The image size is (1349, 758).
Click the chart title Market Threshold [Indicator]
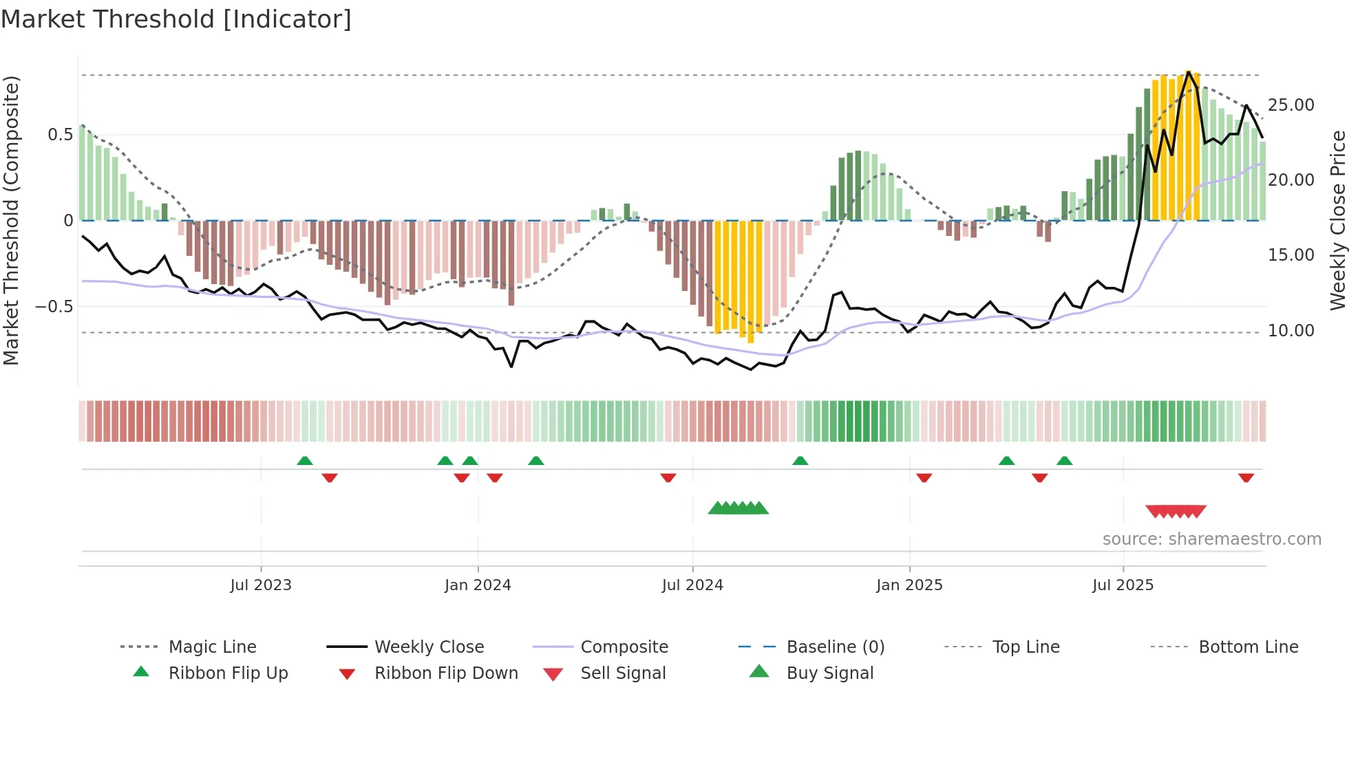176,19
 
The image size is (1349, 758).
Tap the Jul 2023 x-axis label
261,585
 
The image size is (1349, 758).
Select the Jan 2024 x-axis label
478,585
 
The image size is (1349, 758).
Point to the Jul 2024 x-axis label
692,585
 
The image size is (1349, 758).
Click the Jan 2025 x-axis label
909,585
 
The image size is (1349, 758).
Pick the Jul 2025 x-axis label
1123,585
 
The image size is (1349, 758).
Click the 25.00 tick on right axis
1290,105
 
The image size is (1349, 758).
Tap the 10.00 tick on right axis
1290,331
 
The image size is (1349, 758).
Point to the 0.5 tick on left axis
60,135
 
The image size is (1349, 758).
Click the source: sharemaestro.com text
1211,539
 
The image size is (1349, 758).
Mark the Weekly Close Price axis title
1337,220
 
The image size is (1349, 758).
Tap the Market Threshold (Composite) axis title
12,220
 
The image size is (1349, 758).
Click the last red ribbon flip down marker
1246,477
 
